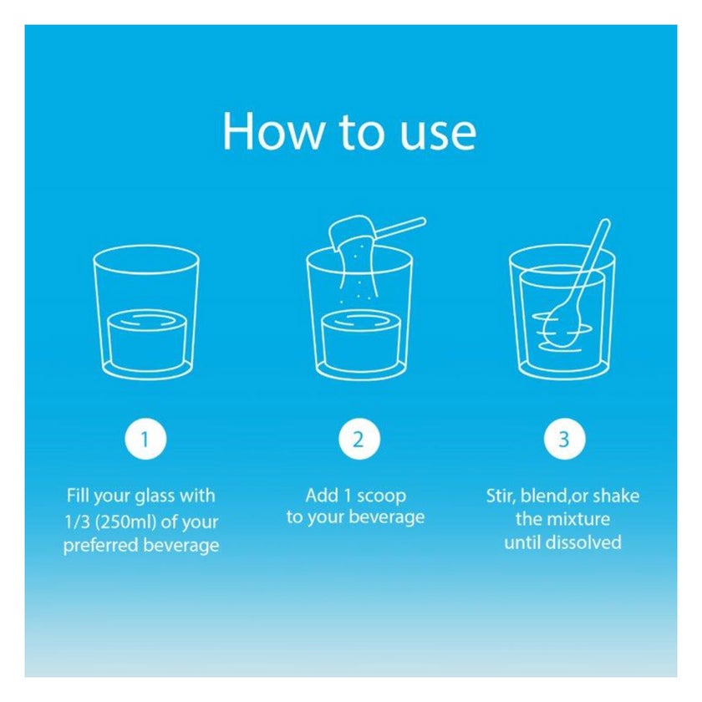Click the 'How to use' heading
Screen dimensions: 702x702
tap(349, 131)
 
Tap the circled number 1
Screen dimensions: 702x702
tap(145, 439)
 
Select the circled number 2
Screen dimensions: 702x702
tap(359, 439)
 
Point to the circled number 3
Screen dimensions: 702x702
tap(564, 439)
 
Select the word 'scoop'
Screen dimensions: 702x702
tap(381, 496)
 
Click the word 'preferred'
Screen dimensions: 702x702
tap(101, 545)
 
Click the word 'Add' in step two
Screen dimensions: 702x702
tap(322, 495)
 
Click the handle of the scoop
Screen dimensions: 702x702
tap(400, 228)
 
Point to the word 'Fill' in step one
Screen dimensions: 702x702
tap(78, 495)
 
